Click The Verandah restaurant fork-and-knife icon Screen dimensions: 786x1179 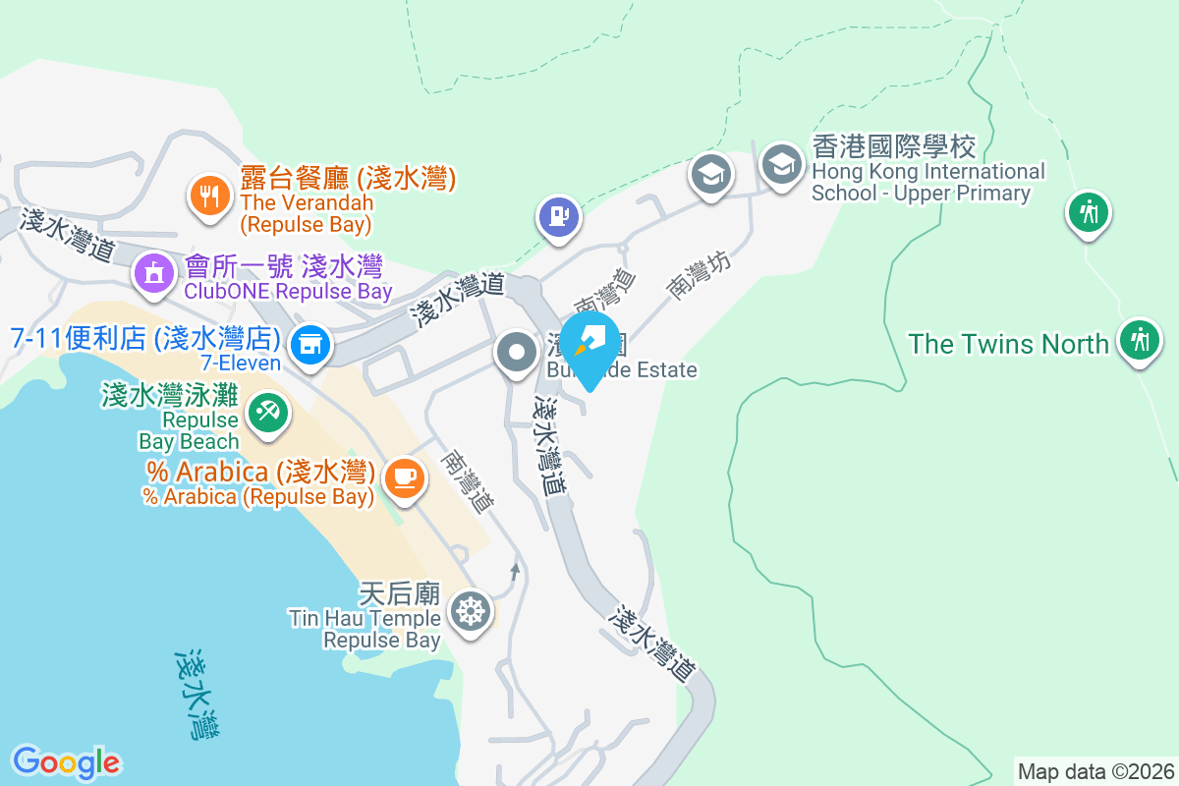coord(208,196)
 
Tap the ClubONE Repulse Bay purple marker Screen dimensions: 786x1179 coord(154,272)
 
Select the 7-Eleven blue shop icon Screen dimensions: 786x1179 coord(311,344)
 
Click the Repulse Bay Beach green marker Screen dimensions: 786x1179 coord(266,411)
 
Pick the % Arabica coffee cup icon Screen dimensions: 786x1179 coord(404,477)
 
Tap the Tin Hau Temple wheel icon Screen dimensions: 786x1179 coord(471,611)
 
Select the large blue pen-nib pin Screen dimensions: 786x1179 coord(589,343)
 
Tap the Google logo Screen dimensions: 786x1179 coord(66,762)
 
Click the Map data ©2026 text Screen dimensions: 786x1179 coord(1095,771)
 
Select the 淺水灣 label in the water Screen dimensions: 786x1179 coord(196,693)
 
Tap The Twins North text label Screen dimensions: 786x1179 coord(1008,344)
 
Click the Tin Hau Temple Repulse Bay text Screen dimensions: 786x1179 coord(365,629)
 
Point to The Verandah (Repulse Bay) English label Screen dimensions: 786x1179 coord(307,213)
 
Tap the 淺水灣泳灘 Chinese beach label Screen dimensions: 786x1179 coord(169,396)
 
